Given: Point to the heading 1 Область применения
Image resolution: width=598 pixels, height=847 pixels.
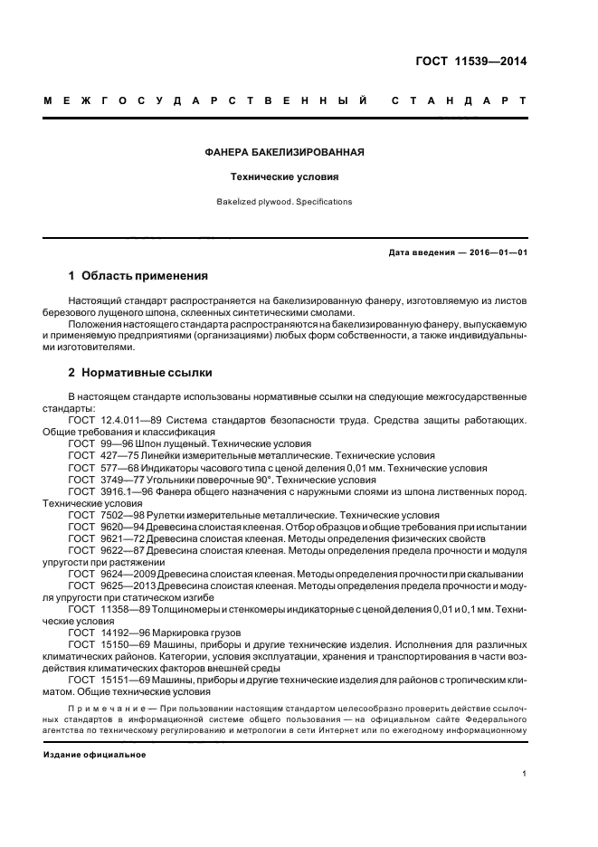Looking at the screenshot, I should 138,275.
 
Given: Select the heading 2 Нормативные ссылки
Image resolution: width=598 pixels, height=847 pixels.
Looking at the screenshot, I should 143,372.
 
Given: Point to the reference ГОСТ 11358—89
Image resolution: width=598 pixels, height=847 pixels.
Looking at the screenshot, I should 109,609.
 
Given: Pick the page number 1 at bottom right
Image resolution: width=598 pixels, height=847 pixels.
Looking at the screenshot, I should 525,774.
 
